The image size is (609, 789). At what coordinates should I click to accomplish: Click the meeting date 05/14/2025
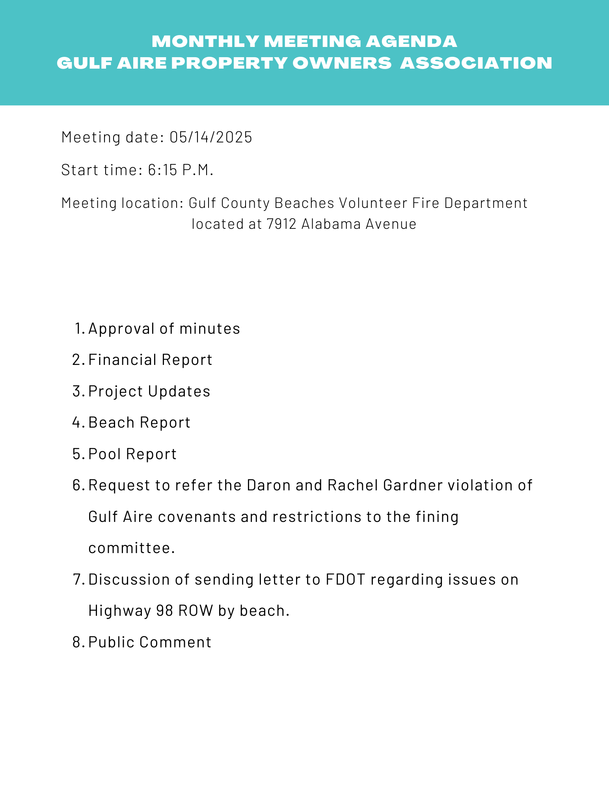click(210, 137)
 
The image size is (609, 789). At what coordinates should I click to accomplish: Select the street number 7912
click(281, 224)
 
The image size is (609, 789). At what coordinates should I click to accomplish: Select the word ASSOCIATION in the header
click(476, 64)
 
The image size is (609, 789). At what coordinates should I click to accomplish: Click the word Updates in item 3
click(179, 391)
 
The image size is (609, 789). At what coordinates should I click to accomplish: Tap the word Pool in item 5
click(104, 454)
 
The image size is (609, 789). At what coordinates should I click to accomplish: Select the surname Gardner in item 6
click(413, 485)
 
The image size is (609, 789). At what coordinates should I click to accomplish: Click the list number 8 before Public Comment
click(77, 642)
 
